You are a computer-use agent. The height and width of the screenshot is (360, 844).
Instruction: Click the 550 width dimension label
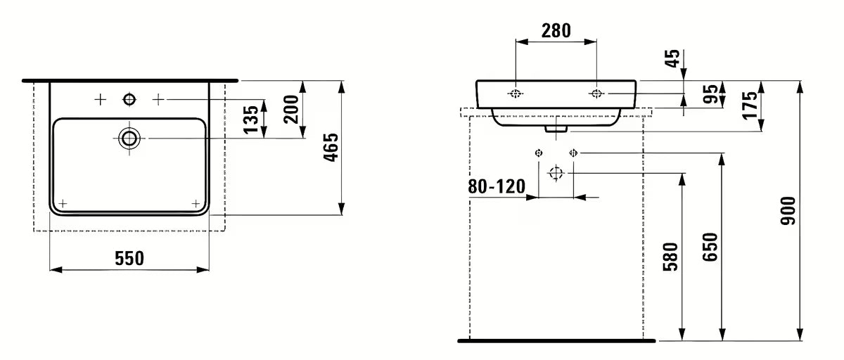pyautogui.click(x=129, y=259)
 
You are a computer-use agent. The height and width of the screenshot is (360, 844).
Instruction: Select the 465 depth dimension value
pyautogui.click(x=332, y=147)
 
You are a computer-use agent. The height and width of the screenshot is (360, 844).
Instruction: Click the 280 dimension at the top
pyautogui.click(x=556, y=30)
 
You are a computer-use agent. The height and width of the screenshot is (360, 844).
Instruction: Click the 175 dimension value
pyautogui.click(x=750, y=105)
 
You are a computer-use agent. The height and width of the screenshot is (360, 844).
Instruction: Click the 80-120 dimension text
pyautogui.click(x=497, y=186)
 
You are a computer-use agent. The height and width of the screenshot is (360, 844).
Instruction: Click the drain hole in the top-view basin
pyautogui.click(x=129, y=138)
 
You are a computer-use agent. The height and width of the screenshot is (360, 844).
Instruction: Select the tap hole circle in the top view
pyautogui.click(x=129, y=100)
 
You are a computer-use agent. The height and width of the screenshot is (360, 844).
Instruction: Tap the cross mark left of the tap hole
pyautogui.click(x=100, y=100)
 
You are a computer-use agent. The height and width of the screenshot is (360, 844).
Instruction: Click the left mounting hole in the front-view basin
pyautogui.click(x=516, y=94)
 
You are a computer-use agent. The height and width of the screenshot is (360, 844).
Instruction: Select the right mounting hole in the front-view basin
pyautogui.click(x=596, y=94)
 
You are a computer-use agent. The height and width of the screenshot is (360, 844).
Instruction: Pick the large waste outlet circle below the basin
pyautogui.click(x=556, y=172)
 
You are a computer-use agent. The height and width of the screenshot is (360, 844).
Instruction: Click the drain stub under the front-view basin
pyautogui.click(x=556, y=129)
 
